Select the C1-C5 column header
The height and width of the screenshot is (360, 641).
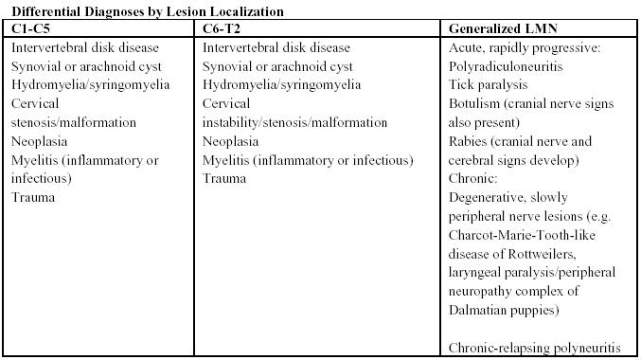31,28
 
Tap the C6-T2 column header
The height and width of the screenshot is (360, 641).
223,28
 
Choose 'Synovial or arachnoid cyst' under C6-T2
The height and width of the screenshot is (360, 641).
277,66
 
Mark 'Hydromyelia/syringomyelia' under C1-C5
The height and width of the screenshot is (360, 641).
90,84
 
